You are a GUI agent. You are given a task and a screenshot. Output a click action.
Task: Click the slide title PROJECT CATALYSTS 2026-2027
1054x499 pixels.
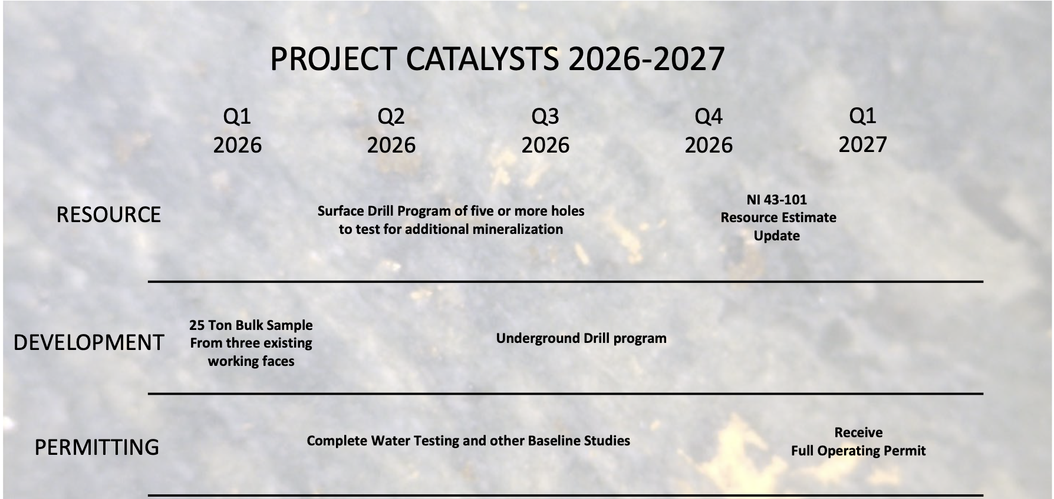point(497,59)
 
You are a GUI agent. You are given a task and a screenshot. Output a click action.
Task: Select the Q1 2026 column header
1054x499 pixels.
point(237,131)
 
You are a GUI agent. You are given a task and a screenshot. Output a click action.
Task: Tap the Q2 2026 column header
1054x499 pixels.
point(391,131)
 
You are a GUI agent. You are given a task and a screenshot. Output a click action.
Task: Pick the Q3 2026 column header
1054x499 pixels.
point(545,131)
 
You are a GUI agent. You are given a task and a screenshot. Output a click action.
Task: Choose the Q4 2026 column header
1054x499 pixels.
point(709,131)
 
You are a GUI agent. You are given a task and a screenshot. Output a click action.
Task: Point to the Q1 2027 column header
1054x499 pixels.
point(862,131)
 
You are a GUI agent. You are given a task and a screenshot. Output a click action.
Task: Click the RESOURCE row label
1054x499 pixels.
point(108,215)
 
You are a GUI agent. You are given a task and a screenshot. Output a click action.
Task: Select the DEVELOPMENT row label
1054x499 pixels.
point(88,343)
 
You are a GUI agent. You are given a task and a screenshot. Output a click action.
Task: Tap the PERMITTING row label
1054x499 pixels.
point(97,448)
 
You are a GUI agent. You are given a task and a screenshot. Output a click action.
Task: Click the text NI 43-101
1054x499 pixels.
point(777,200)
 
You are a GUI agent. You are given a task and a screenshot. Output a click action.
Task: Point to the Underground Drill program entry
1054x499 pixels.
point(581,338)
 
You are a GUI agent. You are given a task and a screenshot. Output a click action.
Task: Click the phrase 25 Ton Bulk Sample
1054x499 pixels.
point(251,325)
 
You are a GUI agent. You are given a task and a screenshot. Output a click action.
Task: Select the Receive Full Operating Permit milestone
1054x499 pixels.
point(858,442)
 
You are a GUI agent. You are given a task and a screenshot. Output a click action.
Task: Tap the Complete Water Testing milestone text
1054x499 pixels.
point(469,441)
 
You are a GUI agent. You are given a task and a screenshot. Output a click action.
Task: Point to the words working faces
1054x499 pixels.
point(251,361)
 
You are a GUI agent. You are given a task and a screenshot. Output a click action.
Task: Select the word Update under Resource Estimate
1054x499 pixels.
point(777,236)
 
